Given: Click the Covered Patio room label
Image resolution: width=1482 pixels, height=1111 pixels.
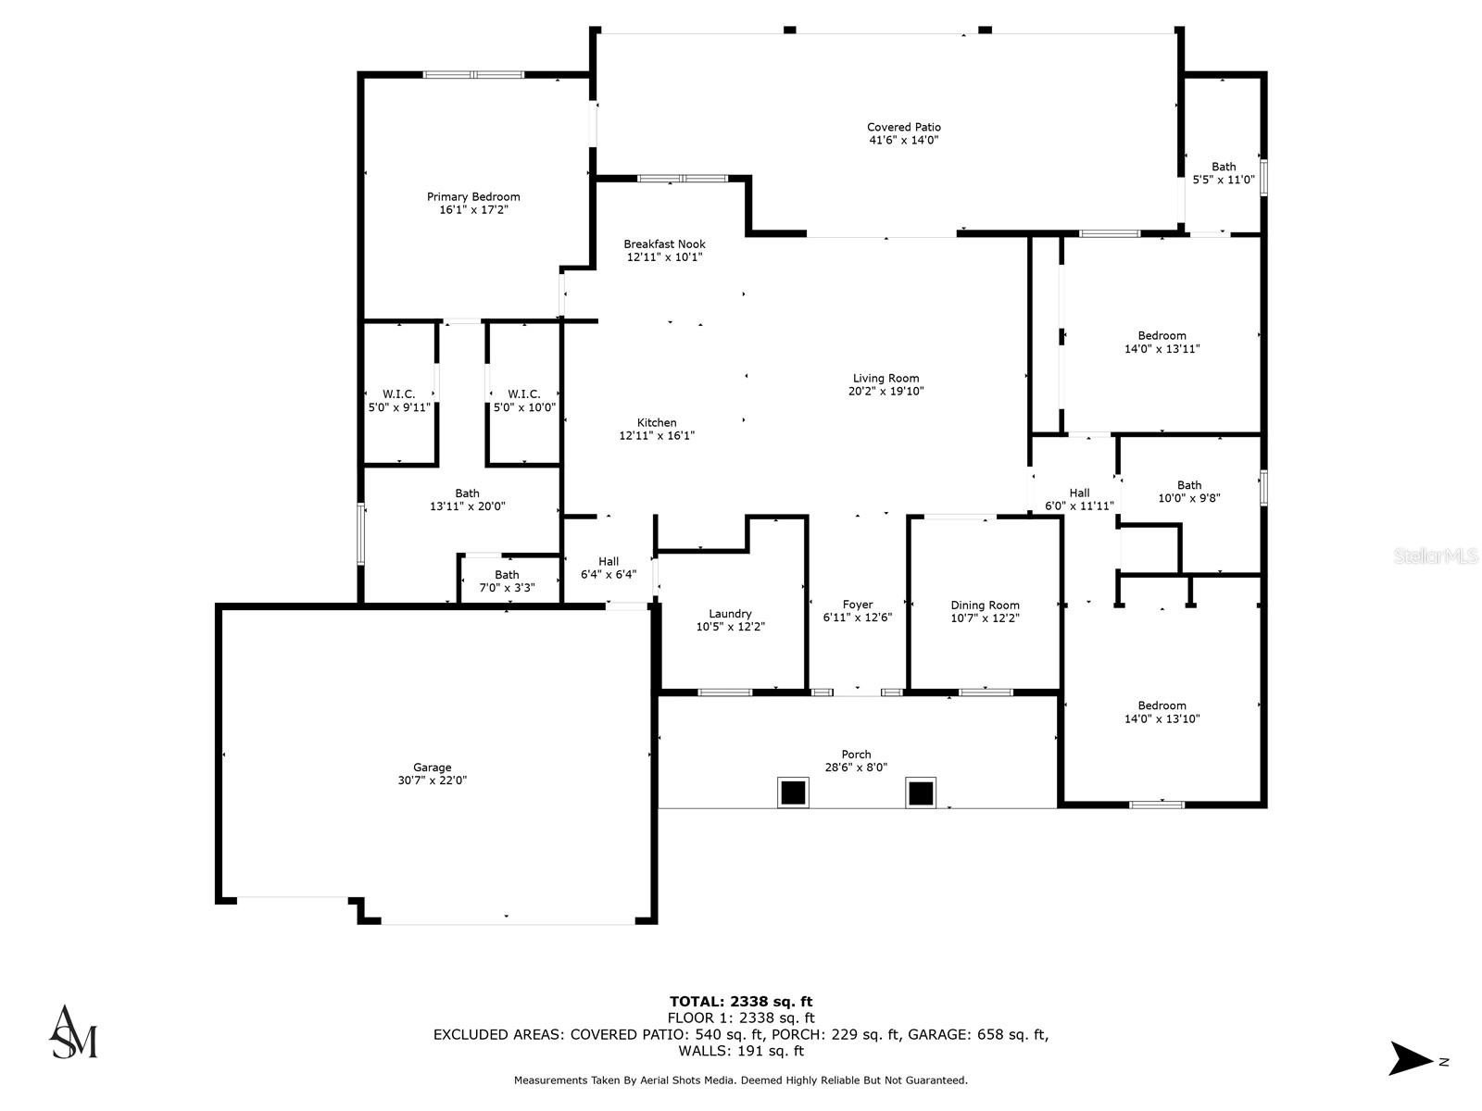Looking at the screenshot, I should (903, 128).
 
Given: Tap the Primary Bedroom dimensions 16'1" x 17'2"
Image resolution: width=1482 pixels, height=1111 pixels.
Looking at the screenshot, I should (473, 210).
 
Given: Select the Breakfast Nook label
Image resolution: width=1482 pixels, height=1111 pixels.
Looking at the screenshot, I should (664, 244).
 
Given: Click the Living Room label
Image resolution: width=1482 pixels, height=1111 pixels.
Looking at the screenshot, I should (885, 378).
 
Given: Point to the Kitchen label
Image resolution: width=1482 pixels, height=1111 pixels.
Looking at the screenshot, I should (657, 422).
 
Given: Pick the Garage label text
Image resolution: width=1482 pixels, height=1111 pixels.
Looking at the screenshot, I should (432, 768).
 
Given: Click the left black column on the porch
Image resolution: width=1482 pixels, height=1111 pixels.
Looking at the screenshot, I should (792, 793).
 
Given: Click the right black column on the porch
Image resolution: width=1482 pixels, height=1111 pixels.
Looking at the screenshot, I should (920, 793).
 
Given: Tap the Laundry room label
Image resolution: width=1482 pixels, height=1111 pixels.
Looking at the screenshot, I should (730, 614).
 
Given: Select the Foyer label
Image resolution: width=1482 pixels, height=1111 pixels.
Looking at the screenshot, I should (858, 605).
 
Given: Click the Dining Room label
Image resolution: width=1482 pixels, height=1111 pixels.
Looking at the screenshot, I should (985, 605).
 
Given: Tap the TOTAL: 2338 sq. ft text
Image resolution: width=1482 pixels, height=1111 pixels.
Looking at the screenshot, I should (741, 1001).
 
